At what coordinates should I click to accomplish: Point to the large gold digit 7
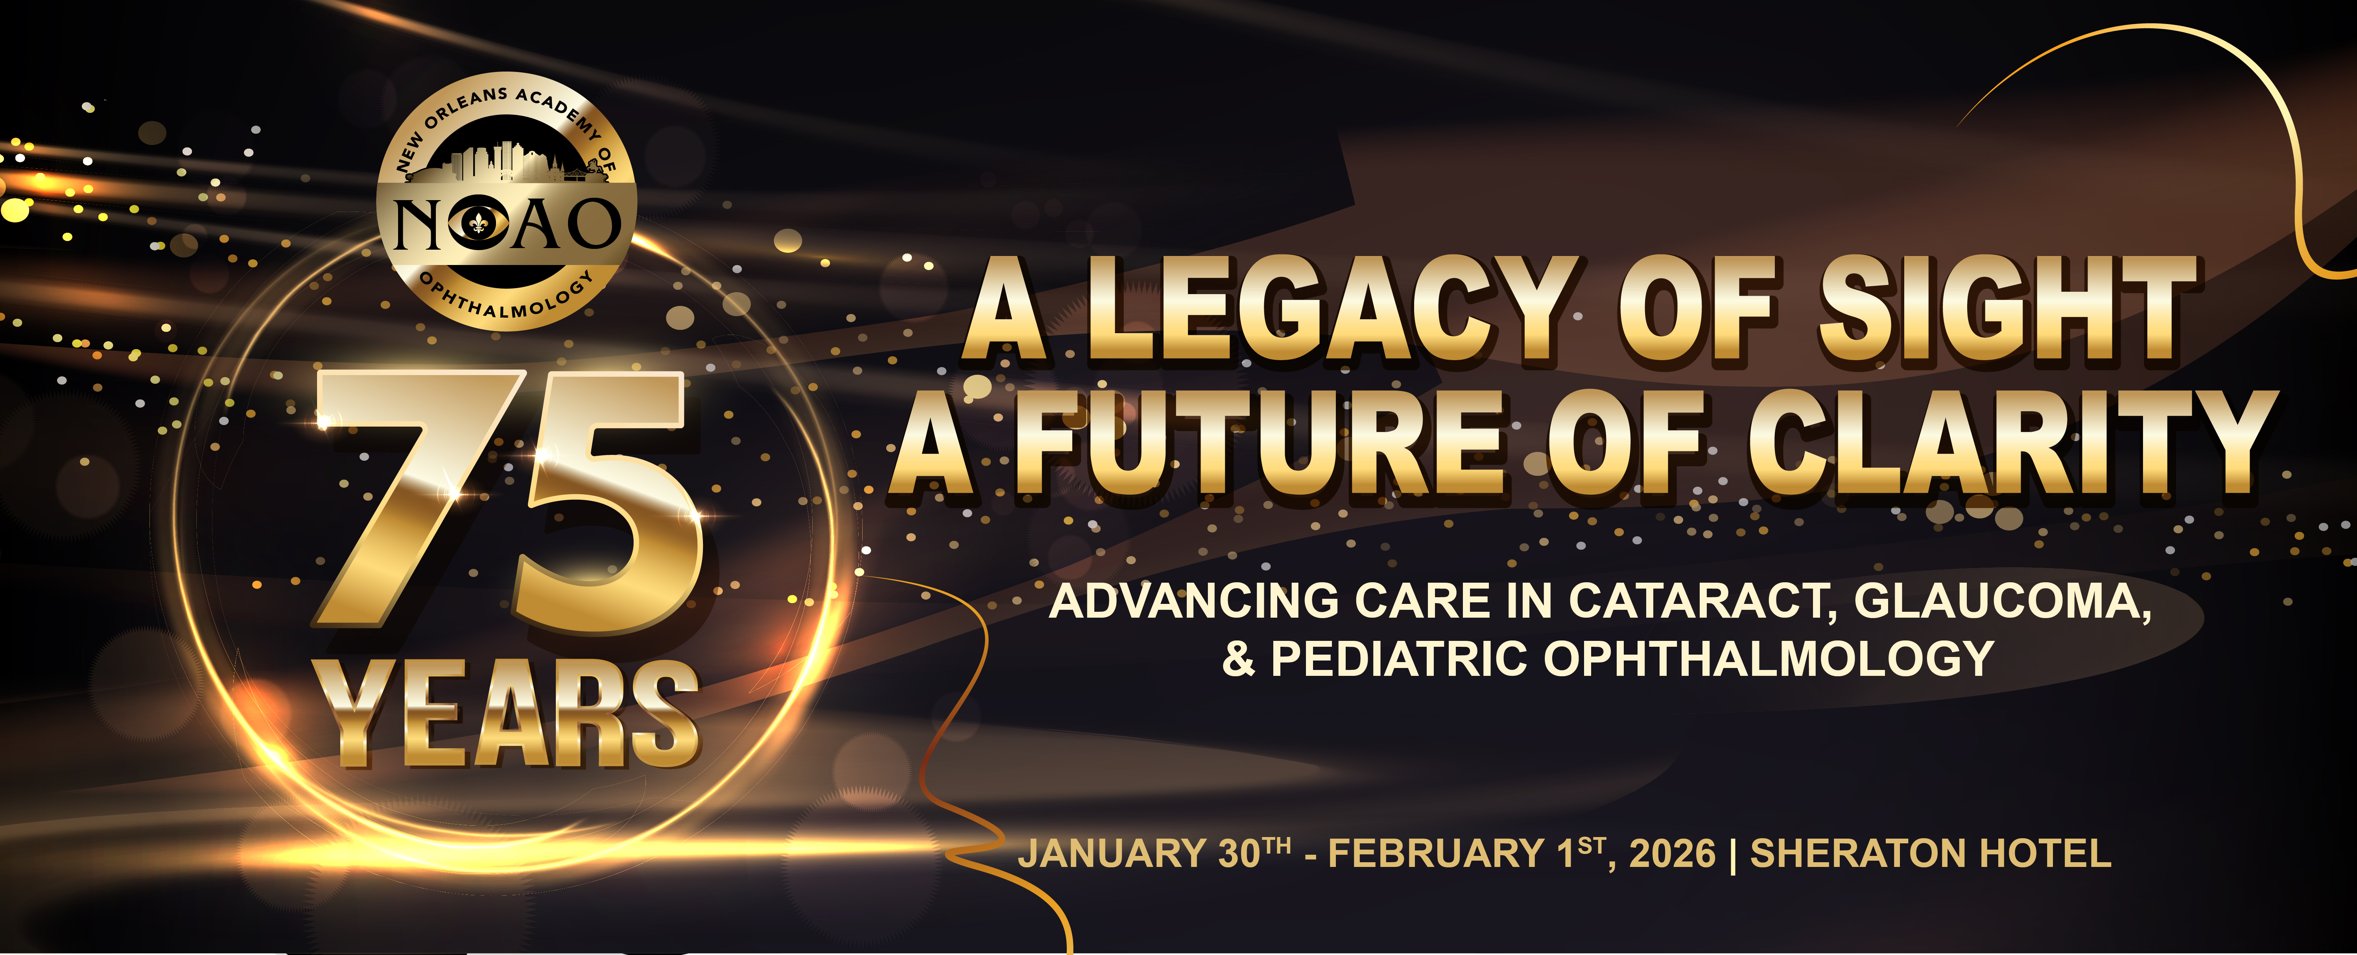pos(416,499)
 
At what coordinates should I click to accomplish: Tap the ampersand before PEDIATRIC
pos(1239,659)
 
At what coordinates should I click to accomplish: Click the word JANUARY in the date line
pos(1112,854)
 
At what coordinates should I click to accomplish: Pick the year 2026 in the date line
pos(1673,854)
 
